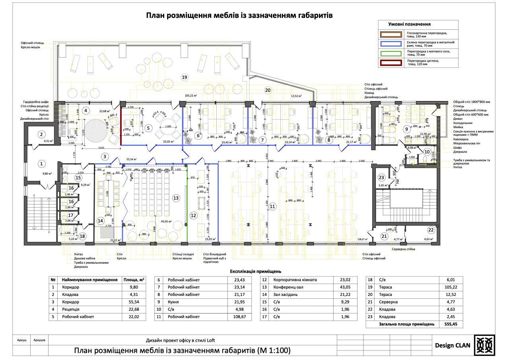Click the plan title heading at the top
(x=239, y=16)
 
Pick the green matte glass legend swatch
(x=391, y=53)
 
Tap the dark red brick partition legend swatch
(x=391, y=63)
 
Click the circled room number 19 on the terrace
(x=184, y=77)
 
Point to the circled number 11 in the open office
(x=272, y=206)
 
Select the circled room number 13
(x=176, y=198)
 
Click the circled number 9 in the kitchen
(x=406, y=129)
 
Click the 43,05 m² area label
(x=166, y=221)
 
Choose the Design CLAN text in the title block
(x=452, y=345)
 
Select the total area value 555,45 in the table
(x=451, y=324)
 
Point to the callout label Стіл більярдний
(x=215, y=254)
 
